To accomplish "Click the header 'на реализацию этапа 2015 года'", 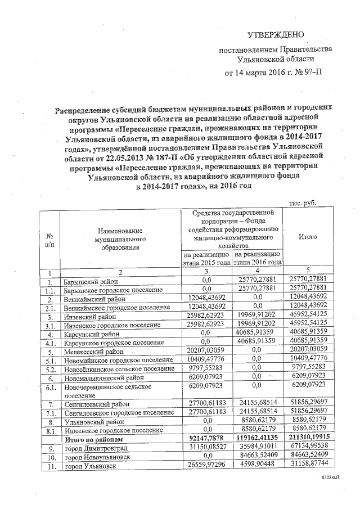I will click(206, 258).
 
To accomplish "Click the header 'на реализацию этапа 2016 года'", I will click(257, 258).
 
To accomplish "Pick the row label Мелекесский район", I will click(93, 350).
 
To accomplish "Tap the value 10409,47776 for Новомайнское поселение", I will click(206, 358).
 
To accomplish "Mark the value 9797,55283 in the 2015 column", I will click(206, 368).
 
